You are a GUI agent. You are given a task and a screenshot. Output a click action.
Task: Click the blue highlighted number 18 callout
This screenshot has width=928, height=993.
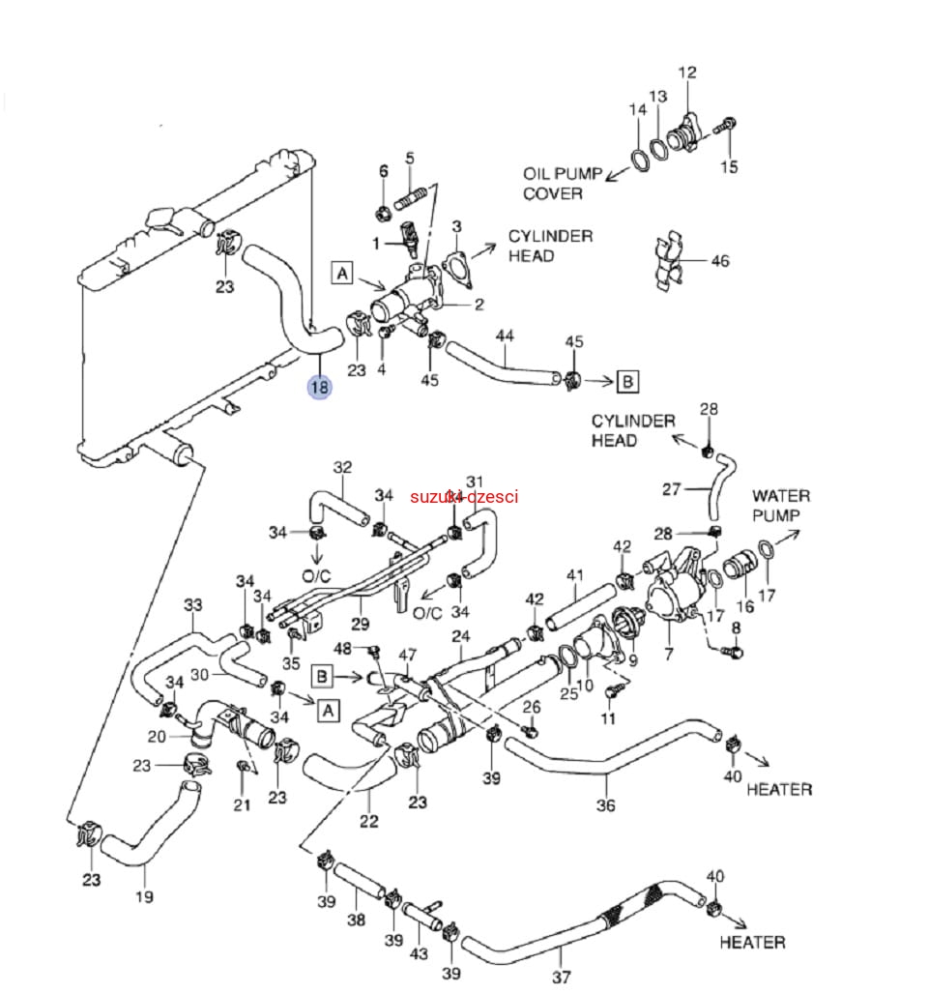coord(319,388)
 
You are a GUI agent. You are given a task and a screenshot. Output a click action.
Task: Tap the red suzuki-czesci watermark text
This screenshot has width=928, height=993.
coord(464,497)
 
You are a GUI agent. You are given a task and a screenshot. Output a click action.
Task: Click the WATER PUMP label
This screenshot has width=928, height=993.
coord(781,506)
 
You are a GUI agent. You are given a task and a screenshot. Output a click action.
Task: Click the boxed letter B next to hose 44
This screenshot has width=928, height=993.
coord(627,381)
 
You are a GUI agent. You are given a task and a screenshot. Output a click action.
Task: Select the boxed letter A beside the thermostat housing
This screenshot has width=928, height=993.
coord(342,275)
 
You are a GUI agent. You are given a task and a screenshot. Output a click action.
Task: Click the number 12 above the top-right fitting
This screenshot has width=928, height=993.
coord(687,73)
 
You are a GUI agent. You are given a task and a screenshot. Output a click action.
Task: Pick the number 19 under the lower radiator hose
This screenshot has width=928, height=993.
coord(143,895)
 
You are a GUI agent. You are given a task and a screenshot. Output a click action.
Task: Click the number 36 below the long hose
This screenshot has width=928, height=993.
coord(605,805)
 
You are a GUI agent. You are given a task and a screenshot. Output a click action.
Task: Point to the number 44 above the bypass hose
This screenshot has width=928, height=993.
coord(505,336)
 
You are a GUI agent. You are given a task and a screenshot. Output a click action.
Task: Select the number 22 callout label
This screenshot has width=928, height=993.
coord(368,822)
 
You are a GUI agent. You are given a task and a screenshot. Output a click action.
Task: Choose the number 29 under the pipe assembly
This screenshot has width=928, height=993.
coord(362,625)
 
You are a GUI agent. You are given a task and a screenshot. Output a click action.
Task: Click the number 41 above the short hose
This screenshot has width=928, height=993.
coord(576,576)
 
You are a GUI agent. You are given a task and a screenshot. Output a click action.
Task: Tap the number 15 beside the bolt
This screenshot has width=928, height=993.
coord(729,167)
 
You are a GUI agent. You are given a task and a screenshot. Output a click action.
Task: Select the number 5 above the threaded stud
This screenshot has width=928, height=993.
coord(409,158)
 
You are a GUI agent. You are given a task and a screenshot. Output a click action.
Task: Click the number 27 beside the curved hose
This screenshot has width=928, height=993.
coord(672,489)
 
